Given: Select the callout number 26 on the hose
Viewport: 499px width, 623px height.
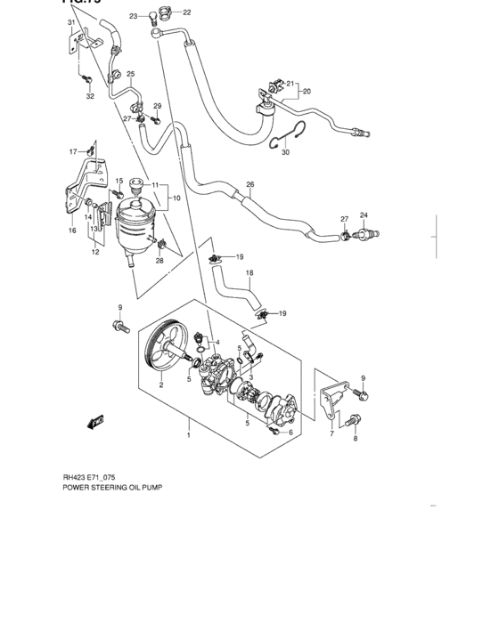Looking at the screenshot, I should (x=250, y=185).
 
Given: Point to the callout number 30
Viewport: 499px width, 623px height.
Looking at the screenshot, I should (x=285, y=153).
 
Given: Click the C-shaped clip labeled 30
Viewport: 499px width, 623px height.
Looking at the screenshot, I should (x=287, y=132).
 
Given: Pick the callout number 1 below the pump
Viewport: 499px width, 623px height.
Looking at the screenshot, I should (x=188, y=436).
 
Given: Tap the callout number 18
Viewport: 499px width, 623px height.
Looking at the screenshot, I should (x=250, y=273).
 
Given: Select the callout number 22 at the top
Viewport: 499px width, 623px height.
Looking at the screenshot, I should (x=186, y=12).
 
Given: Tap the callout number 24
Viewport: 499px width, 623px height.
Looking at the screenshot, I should (x=364, y=214).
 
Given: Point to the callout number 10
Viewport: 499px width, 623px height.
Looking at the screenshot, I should (x=176, y=198).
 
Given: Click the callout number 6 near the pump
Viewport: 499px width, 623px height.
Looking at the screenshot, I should (x=290, y=433).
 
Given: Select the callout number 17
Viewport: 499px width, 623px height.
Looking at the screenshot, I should (x=74, y=151).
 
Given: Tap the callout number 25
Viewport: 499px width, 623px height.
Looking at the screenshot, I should (x=130, y=74).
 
